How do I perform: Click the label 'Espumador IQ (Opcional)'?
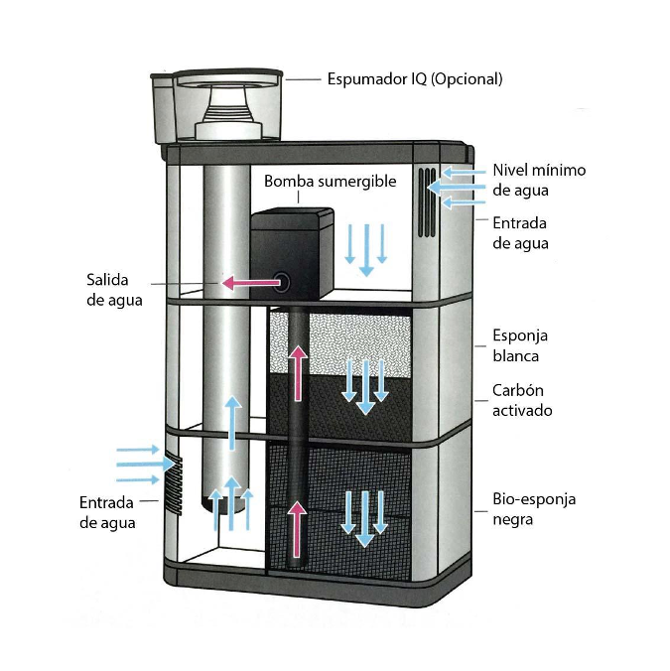tap(415, 79)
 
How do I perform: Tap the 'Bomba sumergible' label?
tap(330, 182)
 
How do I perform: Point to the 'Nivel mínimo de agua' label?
tap(539, 180)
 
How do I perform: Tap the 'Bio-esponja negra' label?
tap(533, 509)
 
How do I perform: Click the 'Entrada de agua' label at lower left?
tap(107, 512)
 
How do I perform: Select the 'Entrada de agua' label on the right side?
tap(519, 233)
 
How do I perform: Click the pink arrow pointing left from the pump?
tap(248, 284)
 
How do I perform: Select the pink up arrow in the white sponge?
tap(298, 360)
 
